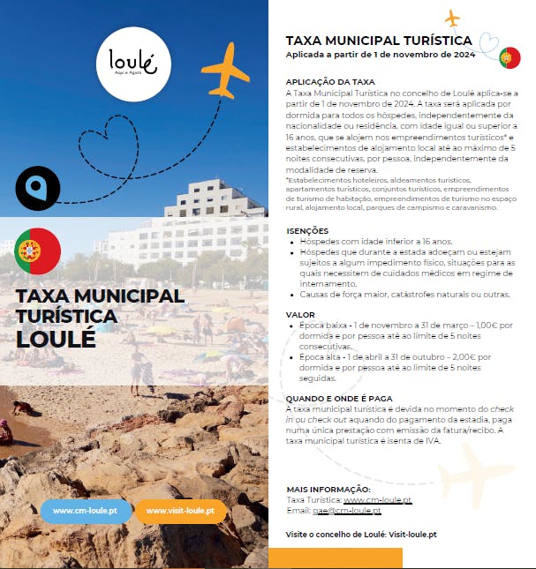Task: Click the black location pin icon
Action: [38, 187]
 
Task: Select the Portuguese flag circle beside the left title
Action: [38, 251]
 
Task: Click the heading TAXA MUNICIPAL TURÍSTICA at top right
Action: [379, 40]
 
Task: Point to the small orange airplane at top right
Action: [453, 18]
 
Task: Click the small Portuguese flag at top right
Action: [509, 58]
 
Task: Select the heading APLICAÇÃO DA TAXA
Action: [330, 81]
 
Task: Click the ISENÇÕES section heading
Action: [307, 230]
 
